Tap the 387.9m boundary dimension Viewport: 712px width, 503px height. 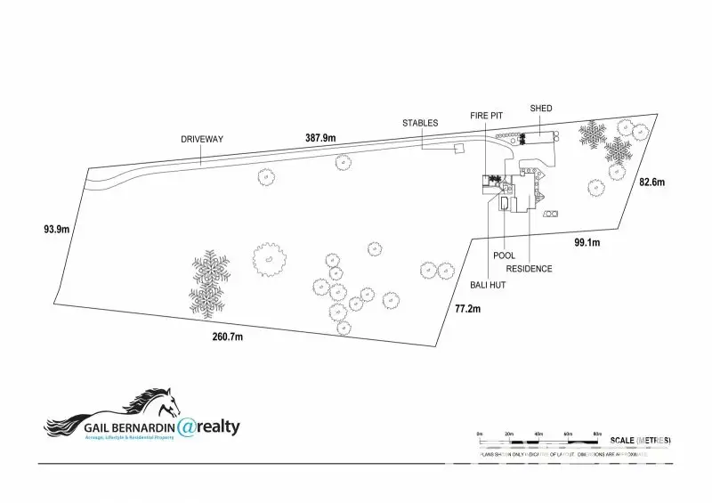coord(320,138)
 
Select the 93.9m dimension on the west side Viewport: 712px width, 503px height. coord(56,229)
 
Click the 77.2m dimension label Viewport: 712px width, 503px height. coord(467,309)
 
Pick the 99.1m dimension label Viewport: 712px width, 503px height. coord(587,242)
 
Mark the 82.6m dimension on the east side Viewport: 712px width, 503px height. coord(652,182)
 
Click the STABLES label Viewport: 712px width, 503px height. coord(420,123)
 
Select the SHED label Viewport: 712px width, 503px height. coord(541,109)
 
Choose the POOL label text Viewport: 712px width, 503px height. coord(505,256)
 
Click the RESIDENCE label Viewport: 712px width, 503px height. coord(529,269)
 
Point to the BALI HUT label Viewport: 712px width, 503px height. coord(489,286)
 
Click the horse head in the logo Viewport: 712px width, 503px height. coord(161,400)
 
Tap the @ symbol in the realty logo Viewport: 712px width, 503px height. coord(187,428)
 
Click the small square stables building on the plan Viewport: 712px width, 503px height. coord(459,148)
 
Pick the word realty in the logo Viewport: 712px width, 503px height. coord(219,427)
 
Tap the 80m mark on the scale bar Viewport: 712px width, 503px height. coord(597,434)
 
